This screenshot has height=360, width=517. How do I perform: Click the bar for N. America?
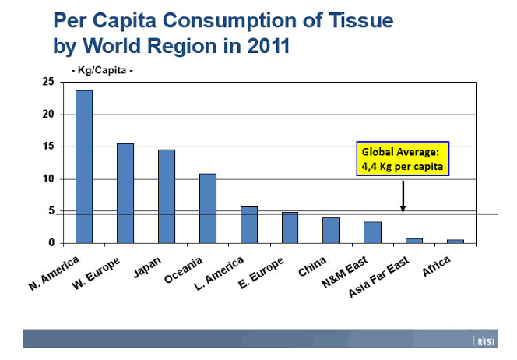(83, 167)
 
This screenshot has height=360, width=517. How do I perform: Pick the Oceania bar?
(207, 208)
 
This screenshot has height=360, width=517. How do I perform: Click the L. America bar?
(248, 224)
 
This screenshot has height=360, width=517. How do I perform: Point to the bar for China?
(331, 230)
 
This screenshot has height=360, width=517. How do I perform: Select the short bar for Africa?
(455, 242)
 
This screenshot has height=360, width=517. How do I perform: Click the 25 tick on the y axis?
(48, 82)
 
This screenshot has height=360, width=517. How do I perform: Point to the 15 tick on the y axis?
(48, 146)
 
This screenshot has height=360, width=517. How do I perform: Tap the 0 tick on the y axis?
(51, 243)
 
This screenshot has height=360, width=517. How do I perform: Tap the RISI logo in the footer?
(485, 340)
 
